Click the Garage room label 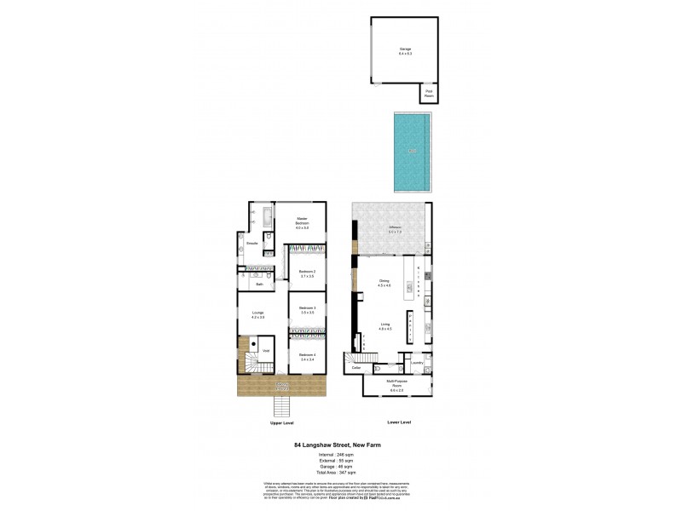pos(404,50)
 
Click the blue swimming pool pos(412,152)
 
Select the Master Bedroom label pos(302,221)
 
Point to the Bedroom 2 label pos(307,274)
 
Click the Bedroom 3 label pos(307,309)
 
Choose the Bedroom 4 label pos(307,357)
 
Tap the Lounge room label pos(257,314)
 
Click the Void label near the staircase pos(267,351)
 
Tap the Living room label pos(385,326)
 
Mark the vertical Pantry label pos(411,327)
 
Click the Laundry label pos(417,364)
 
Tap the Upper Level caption pos(282,422)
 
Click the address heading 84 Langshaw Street pos(340,444)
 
